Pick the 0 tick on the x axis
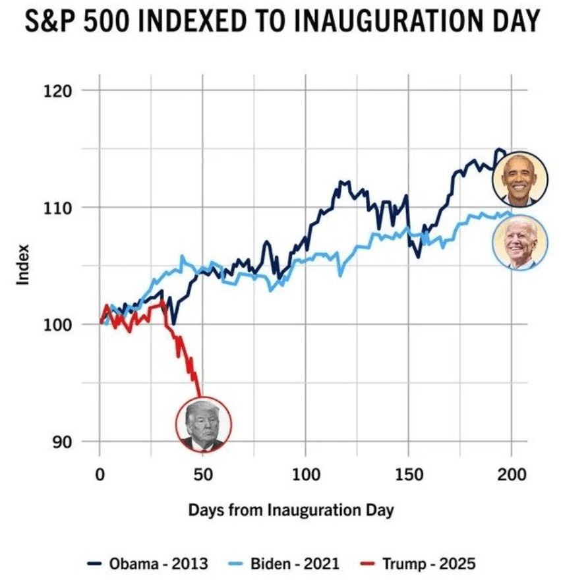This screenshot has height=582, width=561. pos(100,475)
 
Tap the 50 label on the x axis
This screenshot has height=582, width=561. pos(202,475)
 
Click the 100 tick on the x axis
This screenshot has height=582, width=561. pos(305,475)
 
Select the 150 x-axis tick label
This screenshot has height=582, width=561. pos(409,475)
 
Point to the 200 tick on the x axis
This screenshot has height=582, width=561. pos(512,475)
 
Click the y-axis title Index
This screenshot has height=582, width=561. pos(24,265)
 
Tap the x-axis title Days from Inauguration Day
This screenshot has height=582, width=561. pos(290,509)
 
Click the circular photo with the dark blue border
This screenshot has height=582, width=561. pos(520,178)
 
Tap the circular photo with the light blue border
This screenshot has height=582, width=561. pos(520,242)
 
